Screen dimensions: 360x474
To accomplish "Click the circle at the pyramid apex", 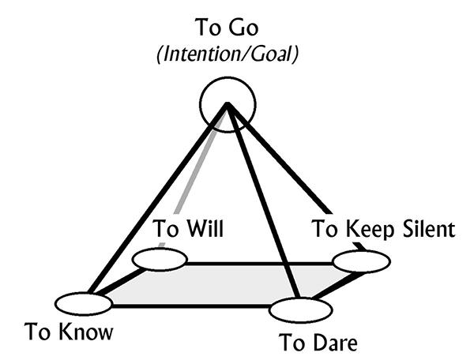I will [227, 103].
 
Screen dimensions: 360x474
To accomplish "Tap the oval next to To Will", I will [159, 258].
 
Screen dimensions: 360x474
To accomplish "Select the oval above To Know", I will [83, 303].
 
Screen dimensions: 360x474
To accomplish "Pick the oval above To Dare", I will [300, 309].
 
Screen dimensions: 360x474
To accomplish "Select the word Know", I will [88, 332].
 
